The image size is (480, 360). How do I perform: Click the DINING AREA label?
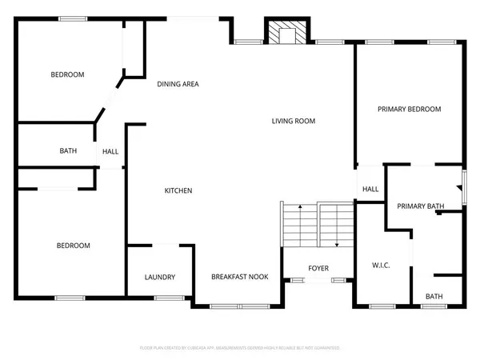pyautogui.click(x=178, y=84)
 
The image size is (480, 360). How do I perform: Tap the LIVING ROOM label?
pyautogui.click(x=294, y=122)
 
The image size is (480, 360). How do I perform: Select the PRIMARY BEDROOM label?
pyautogui.click(x=410, y=110)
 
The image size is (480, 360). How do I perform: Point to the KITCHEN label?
pyautogui.click(x=178, y=190)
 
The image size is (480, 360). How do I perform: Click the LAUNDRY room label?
pyautogui.click(x=160, y=278)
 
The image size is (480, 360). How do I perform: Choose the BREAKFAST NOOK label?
pyautogui.click(x=239, y=278)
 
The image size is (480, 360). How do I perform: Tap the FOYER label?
pyautogui.click(x=318, y=268)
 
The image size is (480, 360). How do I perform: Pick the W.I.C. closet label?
pyautogui.click(x=380, y=266)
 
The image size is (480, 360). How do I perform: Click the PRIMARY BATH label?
pyautogui.click(x=421, y=206)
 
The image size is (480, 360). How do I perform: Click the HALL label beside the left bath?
pyautogui.click(x=110, y=151)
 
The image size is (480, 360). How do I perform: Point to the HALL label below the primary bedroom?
pyautogui.click(x=370, y=190)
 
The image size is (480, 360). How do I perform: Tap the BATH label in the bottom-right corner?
pyautogui.click(x=434, y=297)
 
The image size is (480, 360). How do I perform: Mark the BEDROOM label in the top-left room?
pyautogui.click(x=67, y=75)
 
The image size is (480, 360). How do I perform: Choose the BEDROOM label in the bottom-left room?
pyautogui.click(x=73, y=246)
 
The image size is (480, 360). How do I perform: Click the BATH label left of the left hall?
pyautogui.click(x=68, y=151)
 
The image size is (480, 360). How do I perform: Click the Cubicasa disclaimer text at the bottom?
pyautogui.click(x=240, y=349)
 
